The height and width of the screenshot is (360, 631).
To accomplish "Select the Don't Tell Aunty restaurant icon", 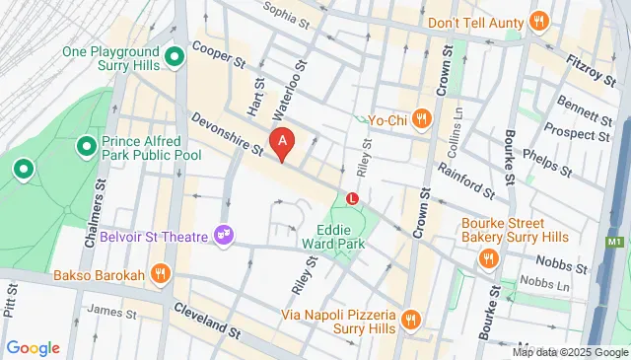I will pos(538,21).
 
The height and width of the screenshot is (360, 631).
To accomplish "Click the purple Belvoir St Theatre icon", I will pos(226,235).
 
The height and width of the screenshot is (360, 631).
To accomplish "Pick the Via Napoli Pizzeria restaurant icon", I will pos(411,319).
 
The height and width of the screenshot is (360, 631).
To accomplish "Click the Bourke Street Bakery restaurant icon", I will pos(487,258).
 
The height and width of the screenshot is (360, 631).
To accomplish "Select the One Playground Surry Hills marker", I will pos(175,58).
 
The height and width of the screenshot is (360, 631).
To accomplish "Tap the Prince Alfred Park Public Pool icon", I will pos(87,148).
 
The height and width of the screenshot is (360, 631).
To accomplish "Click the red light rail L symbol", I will pos(353,198).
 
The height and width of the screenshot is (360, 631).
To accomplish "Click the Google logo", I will pos(33,348).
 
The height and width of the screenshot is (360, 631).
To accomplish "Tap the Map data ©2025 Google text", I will pos(570,352).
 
